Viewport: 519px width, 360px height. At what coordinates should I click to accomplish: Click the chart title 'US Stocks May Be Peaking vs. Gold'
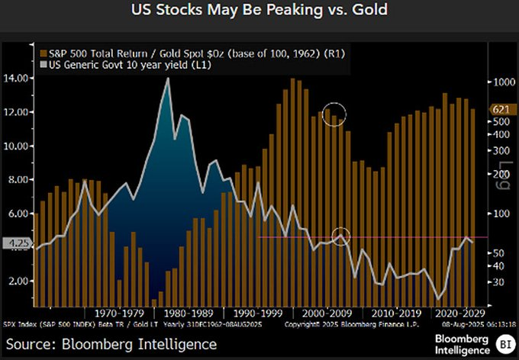click(x=259, y=12)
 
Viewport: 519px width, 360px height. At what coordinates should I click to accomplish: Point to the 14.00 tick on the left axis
click(x=18, y=78)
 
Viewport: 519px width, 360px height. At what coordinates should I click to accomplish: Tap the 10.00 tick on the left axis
click(x=18, y=146)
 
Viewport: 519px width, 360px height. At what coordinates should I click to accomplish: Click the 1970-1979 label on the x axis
click(x=115, y=313)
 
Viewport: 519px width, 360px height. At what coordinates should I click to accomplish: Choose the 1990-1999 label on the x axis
click(x=256, y=313)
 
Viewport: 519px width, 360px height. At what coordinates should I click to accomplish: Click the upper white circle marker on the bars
click(x=334, y=115)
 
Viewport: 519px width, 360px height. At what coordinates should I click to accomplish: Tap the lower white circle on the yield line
click(x=341, y=236)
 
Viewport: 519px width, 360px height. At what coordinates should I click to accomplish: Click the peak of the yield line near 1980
click(x=166, y=79)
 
